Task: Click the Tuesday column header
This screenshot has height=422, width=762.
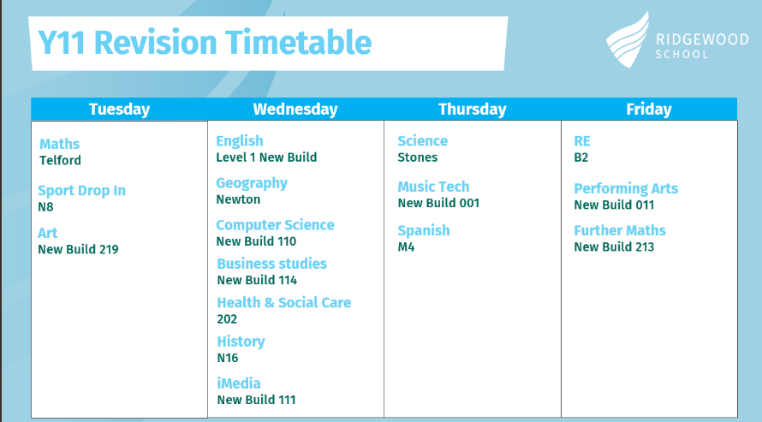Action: [119, 110]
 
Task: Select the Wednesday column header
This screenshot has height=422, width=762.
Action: [295, 110]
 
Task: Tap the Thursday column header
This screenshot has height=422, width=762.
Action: [473, 110]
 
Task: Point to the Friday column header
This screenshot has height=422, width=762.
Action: [649, 110]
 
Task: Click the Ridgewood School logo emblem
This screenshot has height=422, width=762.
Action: [628, 41]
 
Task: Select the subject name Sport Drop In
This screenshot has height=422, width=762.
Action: [81, 190]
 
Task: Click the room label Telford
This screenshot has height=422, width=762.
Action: [60, 160]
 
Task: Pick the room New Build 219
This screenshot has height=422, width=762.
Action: [78, 249]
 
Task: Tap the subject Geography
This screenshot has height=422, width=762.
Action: [252, 183]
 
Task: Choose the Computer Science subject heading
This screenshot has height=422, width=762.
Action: [275, 225]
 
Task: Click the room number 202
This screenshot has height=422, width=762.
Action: [227, 319]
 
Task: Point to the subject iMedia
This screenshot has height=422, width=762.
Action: [239, 383]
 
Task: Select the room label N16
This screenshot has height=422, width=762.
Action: [228, 358]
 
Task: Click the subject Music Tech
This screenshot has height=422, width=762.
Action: [433, 187]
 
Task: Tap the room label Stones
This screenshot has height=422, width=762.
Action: [418, 158]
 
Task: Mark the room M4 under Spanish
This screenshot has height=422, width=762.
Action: [406, 247]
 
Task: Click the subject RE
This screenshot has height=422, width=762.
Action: [582, 141]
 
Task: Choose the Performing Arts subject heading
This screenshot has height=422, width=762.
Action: [626, 188]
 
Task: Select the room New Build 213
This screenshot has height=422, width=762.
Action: [614, 247]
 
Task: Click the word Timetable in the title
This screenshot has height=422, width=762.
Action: [299, 43]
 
